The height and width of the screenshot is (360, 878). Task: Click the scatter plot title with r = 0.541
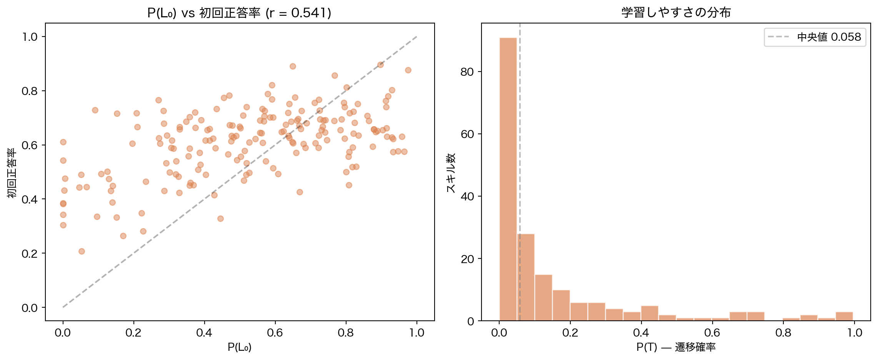(x=239, y=13)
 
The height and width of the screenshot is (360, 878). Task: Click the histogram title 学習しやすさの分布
(x=676, y=13)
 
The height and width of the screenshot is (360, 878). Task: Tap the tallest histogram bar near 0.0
(x=508, y=179)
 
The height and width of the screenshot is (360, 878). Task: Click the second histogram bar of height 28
(x=526, y=277)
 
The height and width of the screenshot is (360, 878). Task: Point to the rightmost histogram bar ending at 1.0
(x=844, y=316)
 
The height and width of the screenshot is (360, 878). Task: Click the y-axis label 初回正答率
(x=12, y=173)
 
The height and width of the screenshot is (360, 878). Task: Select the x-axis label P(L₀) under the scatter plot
(x=239, y=347)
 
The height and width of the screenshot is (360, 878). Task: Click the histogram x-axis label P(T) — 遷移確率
(x=676, y=347)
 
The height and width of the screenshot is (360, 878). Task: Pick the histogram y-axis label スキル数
(x=451, y=173)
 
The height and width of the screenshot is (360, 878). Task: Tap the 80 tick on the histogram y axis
(x=467, y=72)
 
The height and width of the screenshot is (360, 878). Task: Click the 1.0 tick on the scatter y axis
(x=30, y=37)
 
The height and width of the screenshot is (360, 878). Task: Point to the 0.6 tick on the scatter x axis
(x=275, y=333)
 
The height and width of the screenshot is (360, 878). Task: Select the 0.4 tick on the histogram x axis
(x=641, y=333)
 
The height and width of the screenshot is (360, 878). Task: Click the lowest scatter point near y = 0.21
(x=82, y=252)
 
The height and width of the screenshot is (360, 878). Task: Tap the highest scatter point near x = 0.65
(x=293, y=67)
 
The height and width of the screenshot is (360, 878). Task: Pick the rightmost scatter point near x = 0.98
(x=408, y=70)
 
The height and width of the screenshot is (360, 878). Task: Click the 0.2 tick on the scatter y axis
(x=30, y=253)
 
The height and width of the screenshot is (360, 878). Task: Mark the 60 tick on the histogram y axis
(x=467, y=134)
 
